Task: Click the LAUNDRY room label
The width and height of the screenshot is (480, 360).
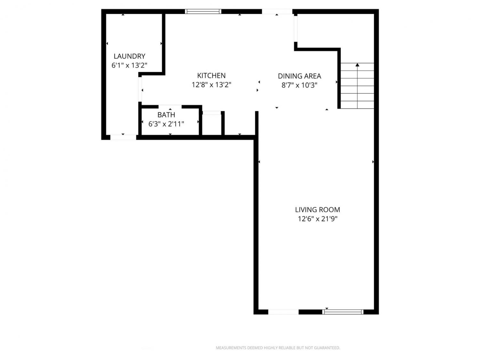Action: [130, 56]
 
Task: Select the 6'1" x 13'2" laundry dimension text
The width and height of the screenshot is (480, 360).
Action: [130, 65]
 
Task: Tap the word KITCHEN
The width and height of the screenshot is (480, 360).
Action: [211, 76]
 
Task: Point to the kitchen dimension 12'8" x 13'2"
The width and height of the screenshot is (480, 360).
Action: [212, 84]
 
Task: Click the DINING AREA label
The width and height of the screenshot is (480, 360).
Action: [300, 76]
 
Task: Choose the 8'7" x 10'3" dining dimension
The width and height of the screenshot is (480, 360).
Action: [300, 85]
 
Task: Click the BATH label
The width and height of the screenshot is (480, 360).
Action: [166, 115]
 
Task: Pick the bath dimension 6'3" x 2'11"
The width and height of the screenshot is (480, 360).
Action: [166, 124]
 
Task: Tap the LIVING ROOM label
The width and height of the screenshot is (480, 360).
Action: [317, 210]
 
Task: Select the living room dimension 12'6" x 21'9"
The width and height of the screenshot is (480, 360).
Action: [317, 219]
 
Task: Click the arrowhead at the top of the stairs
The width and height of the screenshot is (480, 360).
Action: [357, 65]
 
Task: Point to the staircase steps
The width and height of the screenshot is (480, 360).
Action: [357, 86]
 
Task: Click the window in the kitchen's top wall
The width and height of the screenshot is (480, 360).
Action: [203, 12]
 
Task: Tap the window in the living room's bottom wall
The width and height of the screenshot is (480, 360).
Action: [343, 312]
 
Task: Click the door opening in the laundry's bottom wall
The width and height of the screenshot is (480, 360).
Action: [123, 137]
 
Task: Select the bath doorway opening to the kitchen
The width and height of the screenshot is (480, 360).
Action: [170, 107]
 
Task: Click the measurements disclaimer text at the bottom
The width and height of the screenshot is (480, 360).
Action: [278, 348]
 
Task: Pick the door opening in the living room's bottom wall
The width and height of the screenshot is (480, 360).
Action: [283, 312]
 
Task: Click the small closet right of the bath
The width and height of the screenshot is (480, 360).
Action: [212, 124]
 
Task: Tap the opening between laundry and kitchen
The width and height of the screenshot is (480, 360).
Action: [140, 89]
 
